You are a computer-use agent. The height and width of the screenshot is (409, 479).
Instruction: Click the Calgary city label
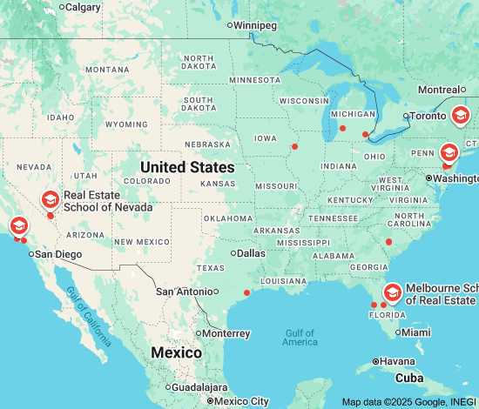[83, 7]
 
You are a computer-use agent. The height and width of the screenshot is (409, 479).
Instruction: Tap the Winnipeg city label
[255, 25]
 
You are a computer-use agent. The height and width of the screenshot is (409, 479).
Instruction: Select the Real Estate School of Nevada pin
[51, 200]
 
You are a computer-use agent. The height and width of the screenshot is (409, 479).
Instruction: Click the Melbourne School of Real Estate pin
[393, 292]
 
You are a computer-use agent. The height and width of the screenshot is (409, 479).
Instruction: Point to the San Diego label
[57, 254]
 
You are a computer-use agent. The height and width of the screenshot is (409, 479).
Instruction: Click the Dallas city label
[250, 253]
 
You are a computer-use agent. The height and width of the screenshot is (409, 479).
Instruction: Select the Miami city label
[416, 332]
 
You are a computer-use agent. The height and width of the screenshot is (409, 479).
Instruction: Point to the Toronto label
[427, 115]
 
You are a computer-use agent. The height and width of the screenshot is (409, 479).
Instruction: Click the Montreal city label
[438, 90]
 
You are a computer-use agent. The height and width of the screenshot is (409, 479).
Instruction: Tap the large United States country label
[187, 167]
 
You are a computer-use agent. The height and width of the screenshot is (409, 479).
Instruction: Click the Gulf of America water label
[300, 337]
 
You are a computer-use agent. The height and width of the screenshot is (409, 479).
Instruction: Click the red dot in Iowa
[294, 146]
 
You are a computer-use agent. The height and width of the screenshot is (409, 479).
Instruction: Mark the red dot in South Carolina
[389, 241]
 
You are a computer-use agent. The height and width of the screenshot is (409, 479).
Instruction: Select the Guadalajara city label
[199, 387]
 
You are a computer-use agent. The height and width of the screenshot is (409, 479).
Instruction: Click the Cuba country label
[409, 379]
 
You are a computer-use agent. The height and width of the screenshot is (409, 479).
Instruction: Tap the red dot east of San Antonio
[246, 292]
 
